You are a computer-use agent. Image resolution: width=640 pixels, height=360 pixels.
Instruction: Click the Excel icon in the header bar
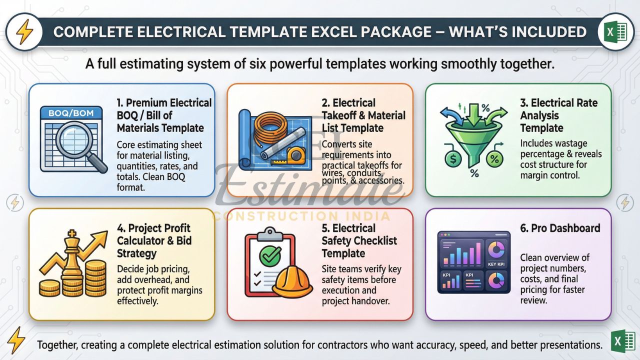click(x=615, y=32)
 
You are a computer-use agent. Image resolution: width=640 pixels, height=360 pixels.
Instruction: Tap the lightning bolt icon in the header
click(x=23, y=32)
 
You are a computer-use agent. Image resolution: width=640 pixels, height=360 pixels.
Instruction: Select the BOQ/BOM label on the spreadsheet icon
click(x=71, y=113)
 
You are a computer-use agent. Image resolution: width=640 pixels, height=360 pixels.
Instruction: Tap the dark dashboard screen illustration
click(x=473, y=262)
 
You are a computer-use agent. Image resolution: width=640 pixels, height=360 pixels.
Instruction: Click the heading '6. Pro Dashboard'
click(x=560, y=228)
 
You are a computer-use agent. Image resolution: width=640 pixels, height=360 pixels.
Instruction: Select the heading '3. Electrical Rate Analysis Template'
click(x=558, y=115)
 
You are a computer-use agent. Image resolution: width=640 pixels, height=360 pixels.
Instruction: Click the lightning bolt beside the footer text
click(x=17, y=340)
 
